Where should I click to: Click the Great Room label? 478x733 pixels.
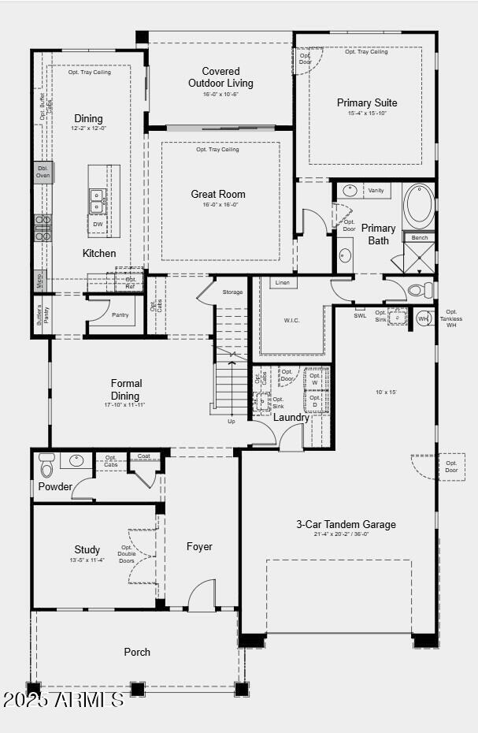[218, 194]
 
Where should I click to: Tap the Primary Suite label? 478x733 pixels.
[367, 102]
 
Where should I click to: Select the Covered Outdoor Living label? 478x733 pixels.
[220, 77]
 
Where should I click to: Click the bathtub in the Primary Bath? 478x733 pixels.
[419, 207]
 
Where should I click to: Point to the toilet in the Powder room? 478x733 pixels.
[46, 466]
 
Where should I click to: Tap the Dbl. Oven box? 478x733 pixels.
[43, 172]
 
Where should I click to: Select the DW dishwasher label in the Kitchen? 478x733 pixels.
[98, 225]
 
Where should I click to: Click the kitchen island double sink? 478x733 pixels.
[98, 201]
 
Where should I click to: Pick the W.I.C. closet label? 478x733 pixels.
[292, 321]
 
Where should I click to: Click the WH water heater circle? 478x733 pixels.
[423, 318]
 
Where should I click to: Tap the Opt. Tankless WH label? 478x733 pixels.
[451, 318]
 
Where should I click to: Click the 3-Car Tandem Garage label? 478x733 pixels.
[346, 524]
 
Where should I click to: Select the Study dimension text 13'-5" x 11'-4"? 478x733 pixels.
[87, 560]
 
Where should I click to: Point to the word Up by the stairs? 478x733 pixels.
[231, 421]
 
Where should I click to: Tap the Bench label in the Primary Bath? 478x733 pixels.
[420, 237]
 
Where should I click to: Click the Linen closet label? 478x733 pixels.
[282, 282]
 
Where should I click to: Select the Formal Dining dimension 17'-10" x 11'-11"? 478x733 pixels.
[125, 405]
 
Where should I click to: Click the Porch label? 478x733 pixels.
[137, 652]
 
